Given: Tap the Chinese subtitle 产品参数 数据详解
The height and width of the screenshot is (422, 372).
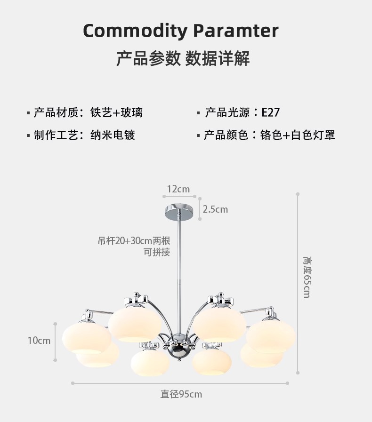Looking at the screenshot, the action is pos(183,59).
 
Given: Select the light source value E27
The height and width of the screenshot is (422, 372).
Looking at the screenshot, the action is pos(271,112).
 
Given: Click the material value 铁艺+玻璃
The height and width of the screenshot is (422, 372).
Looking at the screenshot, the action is pos(116,112).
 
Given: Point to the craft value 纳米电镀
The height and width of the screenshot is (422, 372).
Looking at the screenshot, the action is pos(113,135).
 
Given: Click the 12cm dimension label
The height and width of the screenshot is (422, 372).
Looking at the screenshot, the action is pos(178,189).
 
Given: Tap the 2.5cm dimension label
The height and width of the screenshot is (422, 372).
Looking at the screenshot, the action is pos(215,209).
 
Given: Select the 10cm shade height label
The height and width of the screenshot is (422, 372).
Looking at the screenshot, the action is pos(39,341).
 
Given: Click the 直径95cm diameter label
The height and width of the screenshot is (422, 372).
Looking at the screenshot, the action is pos(181,394).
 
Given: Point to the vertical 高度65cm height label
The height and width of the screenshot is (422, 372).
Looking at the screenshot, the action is pos(307,278).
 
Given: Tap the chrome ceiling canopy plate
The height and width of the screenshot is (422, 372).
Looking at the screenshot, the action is pos(179,212).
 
